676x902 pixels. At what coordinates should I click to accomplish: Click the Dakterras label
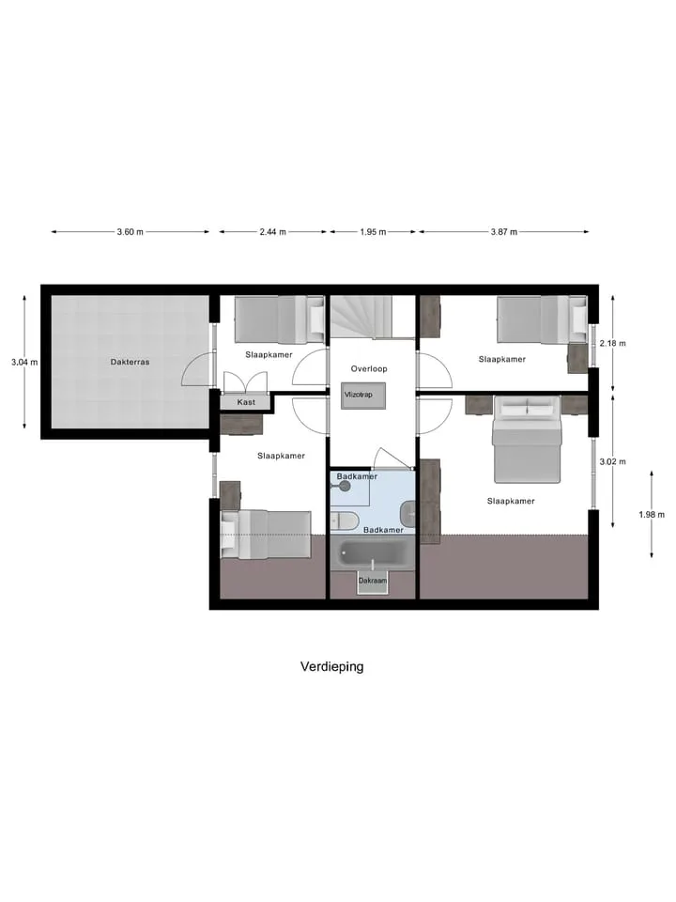[130, 362]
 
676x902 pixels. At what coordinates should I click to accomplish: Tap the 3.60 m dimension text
[130, 232]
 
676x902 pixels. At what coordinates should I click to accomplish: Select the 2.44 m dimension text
[272, 232]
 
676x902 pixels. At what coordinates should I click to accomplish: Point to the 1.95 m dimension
[373, 232]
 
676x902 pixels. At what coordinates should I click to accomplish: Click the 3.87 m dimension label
[504, 232]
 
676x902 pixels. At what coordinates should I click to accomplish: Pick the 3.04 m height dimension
[24, 362]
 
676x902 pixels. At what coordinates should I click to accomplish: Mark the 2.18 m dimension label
[613, 343]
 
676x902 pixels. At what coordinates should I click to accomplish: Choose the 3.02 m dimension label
[613, 461]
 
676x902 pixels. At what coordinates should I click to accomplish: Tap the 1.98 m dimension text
[652, 514]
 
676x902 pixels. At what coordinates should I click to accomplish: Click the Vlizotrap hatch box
[362, 396]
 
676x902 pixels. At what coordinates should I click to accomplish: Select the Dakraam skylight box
[373, 582]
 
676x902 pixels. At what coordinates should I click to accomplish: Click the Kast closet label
[246, 402]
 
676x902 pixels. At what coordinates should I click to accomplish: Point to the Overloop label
[369, 368]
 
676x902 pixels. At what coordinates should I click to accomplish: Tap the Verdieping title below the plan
[332, 667]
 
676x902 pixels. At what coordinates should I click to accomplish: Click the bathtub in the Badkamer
[372, 553]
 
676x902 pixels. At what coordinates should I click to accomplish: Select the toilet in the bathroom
[345, 521]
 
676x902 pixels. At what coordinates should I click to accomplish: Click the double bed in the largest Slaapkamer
[527, 440]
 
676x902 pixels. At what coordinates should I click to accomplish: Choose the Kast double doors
[245, 382]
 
